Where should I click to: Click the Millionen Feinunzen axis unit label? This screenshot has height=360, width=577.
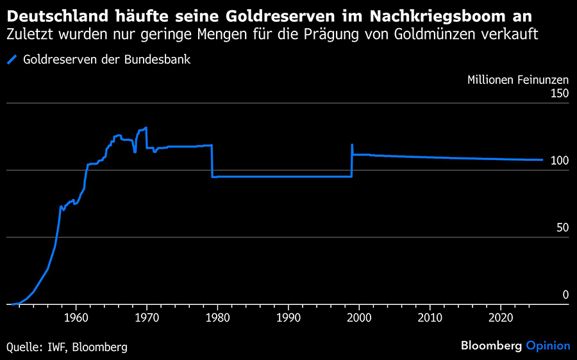tap(517, 80)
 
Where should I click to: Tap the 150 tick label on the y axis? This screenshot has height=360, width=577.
tap(560, 94)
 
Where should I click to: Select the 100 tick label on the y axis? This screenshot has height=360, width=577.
tap(560, 161)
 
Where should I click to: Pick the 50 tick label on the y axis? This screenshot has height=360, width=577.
tap(562, 227)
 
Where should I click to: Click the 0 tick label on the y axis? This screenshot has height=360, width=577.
tap(565, 295)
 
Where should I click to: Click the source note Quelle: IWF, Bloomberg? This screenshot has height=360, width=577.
tap(67, 347)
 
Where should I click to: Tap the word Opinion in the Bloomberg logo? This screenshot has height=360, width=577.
tap(548, 346)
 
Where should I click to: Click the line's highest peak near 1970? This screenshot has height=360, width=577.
tap(146, 127)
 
